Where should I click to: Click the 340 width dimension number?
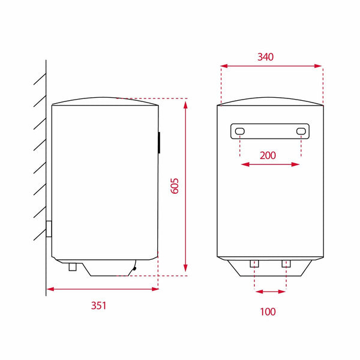(265, 57)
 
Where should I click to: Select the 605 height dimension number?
(175, 186)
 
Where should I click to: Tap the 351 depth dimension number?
(99, 305)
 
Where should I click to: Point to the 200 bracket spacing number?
(268, 155)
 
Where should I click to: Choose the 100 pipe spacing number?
(268, 312)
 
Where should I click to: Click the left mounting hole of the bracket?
(239, 131)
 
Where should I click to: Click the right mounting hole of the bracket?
(301, 131)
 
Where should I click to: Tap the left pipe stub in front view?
(254, 264)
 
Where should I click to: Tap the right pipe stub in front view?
(286, 264)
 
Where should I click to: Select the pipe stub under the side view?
(73, 267)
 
